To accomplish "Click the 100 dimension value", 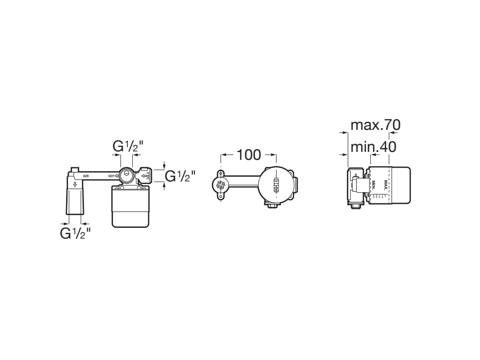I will coord(248,154).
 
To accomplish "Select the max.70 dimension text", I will coord(375,125).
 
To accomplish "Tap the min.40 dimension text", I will coord(373,147).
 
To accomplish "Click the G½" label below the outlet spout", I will coord(75,233).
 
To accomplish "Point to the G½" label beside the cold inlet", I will coord(180,176).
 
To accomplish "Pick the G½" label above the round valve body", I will coord(127,146).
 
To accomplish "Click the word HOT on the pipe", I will coord(111,176).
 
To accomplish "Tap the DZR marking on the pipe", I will coord(86,176).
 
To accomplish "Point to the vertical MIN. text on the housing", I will coord(374,185).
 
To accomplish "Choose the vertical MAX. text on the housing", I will coord(386,185).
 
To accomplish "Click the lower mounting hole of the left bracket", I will coord(220,199).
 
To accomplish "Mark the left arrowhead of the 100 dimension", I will coord(224,155).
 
